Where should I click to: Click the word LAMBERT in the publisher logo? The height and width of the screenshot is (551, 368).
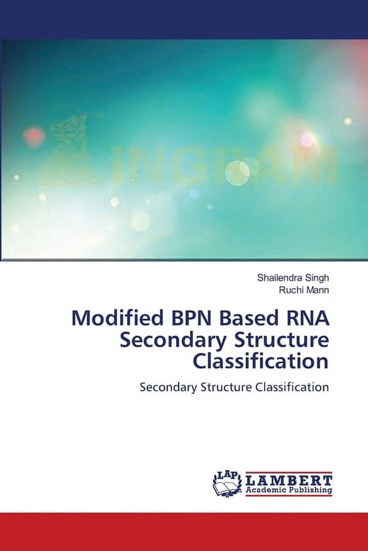point(288,481)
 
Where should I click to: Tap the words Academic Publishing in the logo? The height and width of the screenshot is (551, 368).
point(288,490)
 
